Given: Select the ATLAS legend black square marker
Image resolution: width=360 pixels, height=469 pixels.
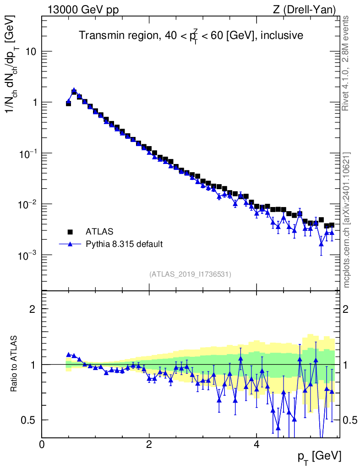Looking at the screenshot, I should (70, 231).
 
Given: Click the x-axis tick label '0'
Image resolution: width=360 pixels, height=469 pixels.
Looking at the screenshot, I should (42, 445).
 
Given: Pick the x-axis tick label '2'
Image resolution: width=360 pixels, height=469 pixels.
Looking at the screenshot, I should (149, 445).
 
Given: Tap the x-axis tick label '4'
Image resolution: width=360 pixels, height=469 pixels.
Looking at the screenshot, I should (256, 445).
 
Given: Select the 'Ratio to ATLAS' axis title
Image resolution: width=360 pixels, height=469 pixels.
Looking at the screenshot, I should (14, 364).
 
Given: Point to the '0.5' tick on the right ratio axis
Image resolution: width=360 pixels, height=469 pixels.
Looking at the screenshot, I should (350, 420).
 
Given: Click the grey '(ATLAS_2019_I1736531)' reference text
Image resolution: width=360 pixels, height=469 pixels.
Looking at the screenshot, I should (191, 274).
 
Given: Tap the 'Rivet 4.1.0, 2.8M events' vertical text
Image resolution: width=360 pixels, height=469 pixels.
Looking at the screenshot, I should (346, 63).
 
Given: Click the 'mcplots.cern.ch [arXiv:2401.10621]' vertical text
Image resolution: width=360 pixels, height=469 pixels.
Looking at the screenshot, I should (346, 220).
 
